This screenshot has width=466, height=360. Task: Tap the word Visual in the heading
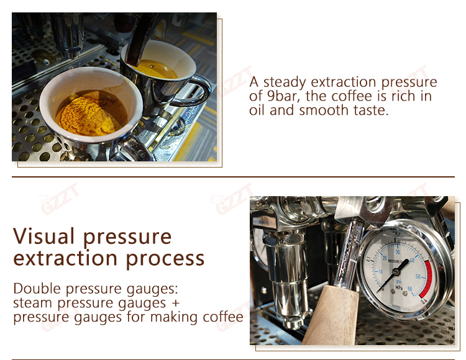tap(43, 236)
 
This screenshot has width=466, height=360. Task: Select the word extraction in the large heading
tap(65, 258)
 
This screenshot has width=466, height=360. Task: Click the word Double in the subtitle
tap(37, 289)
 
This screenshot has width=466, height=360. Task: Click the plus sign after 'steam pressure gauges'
tap(175, 303)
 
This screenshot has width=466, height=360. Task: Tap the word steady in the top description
tap(285, 83)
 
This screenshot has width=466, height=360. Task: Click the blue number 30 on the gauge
tap(398, 252)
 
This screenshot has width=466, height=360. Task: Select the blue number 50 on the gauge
tap(418, 277)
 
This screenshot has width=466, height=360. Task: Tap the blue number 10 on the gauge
tap(380, 272)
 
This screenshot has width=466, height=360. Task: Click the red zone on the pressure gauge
tap(427, 279)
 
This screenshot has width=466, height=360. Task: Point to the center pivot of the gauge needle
tap(396, 271)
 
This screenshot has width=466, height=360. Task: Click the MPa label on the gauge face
tap(399, 287)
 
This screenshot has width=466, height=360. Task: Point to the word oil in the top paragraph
tap(257, 110)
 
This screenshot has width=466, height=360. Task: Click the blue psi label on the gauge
tap(398, 281)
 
